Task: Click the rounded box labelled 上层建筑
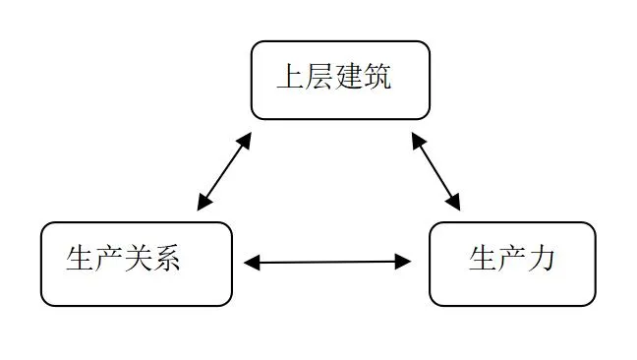[340, 80]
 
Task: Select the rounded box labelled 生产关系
[137, 264]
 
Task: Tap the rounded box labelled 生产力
[512, 264]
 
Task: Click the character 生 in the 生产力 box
[482, 260]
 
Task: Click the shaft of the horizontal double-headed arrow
[327, 262]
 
